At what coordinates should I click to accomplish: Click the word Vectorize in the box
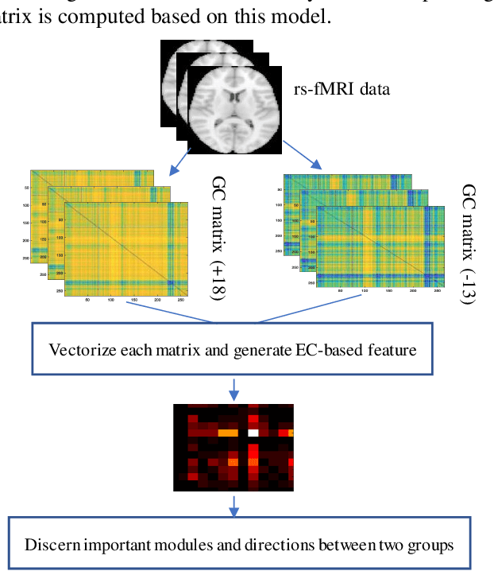pyautogui.click(x=79, y=349)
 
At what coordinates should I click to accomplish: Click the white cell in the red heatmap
pyautogui.click(x=253, y=433)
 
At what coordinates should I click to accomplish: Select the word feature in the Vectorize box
pyautogui.click(x=392, y=349)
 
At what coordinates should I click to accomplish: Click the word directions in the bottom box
pyautogui.click(x=272, y=546)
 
